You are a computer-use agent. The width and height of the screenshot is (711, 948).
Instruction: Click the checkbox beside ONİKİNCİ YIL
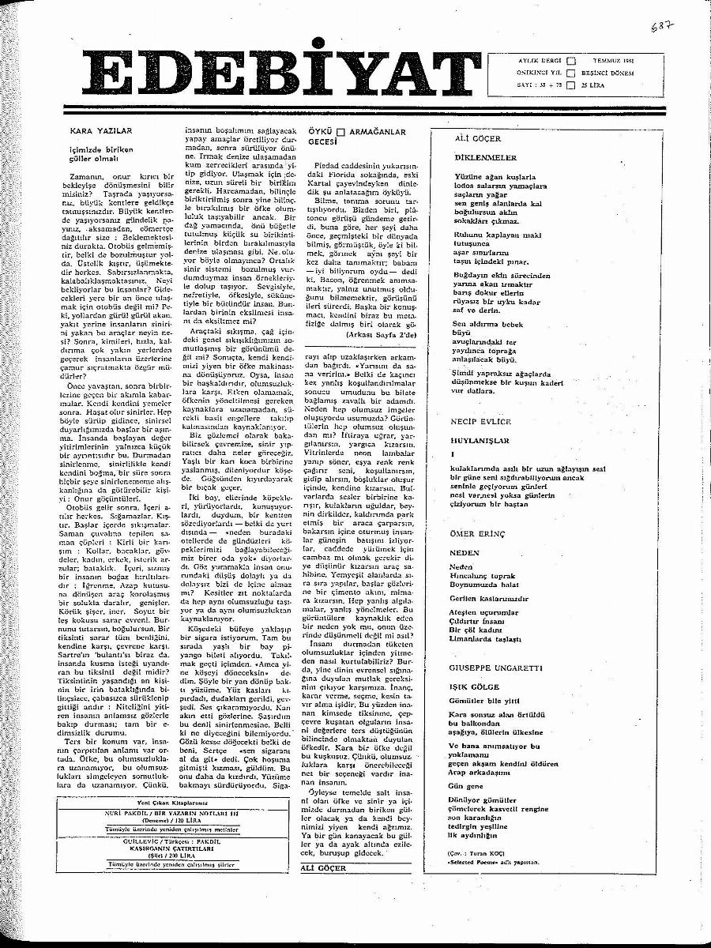(x=572, y=71)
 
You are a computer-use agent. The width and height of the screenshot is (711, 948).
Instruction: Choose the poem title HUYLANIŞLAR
(x=480, y=441)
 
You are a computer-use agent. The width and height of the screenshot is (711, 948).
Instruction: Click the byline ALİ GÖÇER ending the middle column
(x=325, y=867)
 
